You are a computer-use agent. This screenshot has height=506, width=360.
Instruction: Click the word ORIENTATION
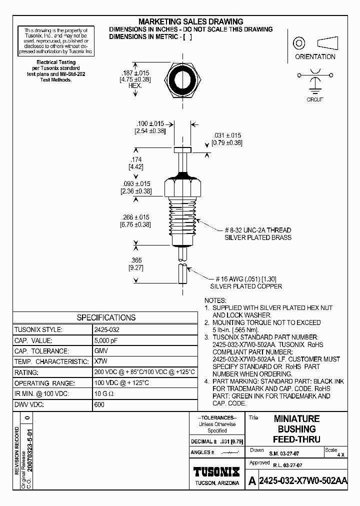(x=315, y=56)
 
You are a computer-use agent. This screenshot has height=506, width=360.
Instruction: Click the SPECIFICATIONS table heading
(x=105, y=317)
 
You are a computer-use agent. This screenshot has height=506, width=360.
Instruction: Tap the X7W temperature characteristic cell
(x=100, y=361)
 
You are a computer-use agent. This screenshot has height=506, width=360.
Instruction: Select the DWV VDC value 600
(x=99, y=404)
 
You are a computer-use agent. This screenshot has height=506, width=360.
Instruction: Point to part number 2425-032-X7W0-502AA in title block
(x=303, y=481)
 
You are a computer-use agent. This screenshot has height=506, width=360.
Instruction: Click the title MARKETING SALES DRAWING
(x=190, y=21)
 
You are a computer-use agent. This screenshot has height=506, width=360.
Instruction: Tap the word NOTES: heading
(x=215, y=300)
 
